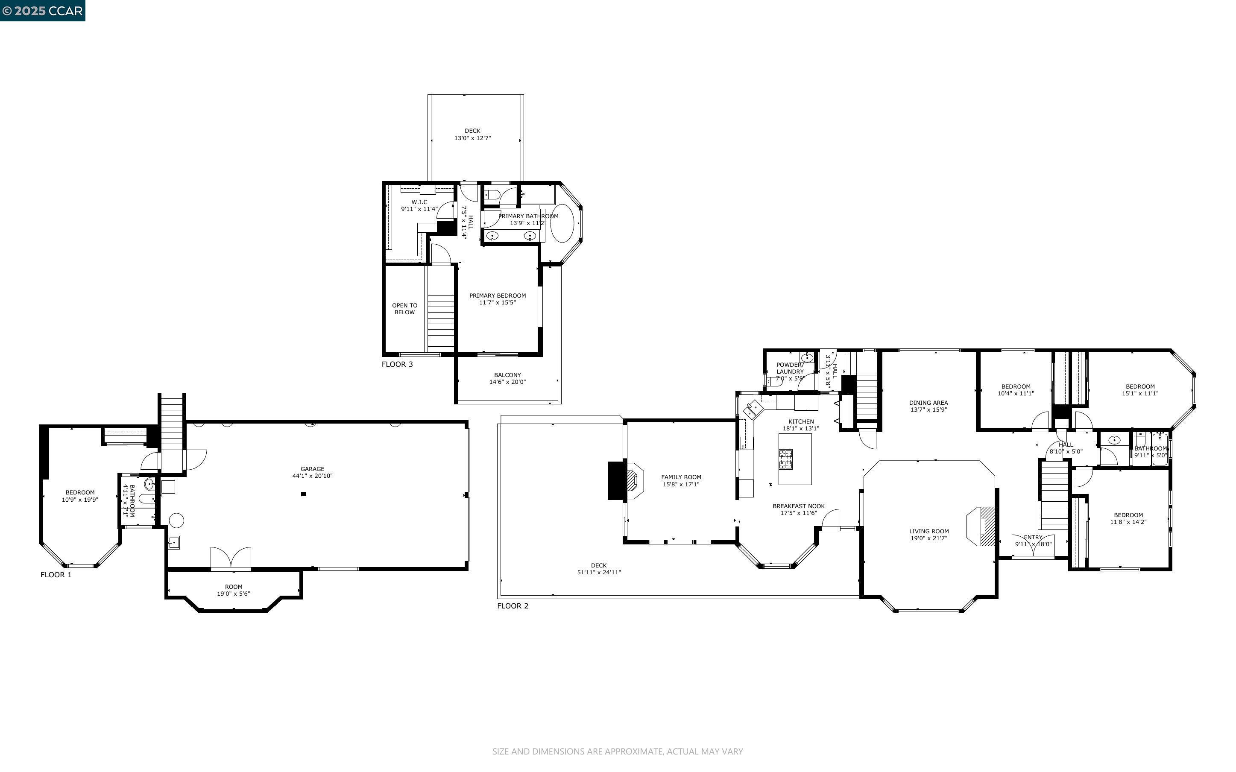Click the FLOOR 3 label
click(397, 364)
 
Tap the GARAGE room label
click(312, 469)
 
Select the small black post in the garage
click(303, 494)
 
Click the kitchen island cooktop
click(785, 459)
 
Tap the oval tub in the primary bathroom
click(562, 223)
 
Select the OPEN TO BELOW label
click(404, 309)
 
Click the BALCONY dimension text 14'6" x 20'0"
click(507, 382)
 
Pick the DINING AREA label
click(928, 402)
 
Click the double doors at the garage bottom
click(231, 558)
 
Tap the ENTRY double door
click(1033, 546)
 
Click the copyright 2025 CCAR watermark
click(42, 11)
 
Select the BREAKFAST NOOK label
click(799, 506)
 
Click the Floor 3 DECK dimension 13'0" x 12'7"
click(472, 138)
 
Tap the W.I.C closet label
click(419, 202)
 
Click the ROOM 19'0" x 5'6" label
click(233, 590)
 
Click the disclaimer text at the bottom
click(617, 751)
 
